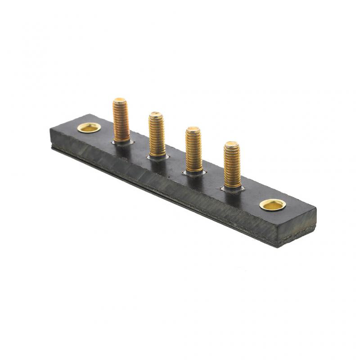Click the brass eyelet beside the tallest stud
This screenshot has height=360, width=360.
pos(88,128)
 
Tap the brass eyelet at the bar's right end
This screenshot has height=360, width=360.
pos(273,205)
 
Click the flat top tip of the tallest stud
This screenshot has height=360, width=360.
pos(120,100)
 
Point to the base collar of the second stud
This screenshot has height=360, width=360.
pos(157,156)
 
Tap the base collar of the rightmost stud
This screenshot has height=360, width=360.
pos(232,187)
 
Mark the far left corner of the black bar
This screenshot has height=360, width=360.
pos(50,130)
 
